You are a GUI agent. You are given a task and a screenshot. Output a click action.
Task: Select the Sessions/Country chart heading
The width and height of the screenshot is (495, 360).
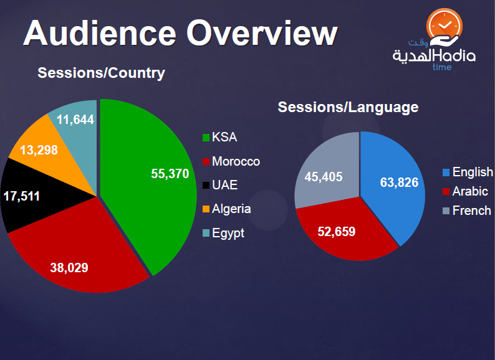[x=101, y=73]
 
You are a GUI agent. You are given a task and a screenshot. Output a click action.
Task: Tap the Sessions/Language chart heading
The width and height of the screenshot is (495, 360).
[x=348, y=107]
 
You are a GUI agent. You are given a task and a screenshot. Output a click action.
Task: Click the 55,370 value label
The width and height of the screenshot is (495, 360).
[x=170, y=174]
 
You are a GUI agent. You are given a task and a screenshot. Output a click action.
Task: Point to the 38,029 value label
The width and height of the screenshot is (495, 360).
[x=69, y=268]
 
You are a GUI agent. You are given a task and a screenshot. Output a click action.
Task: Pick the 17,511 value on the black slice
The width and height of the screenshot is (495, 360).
[x=21, y=196]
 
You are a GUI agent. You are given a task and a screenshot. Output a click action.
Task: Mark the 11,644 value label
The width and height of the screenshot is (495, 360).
[x=75, y=119]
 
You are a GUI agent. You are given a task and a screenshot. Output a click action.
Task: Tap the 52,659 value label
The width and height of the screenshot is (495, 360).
[x=336, y=232]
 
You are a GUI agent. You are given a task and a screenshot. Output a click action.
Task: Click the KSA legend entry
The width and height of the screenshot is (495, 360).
[x=224, y=138]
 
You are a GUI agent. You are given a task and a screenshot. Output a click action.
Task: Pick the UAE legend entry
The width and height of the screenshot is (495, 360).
[x=224, y=185]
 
